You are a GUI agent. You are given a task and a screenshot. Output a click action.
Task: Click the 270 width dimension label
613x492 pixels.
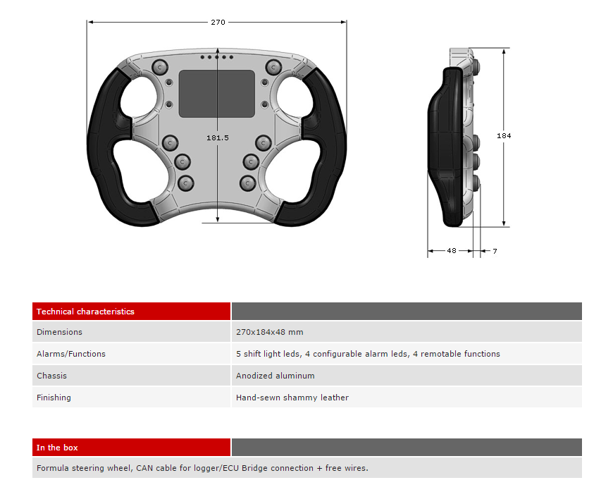pyautogui.click(x=218, y=23)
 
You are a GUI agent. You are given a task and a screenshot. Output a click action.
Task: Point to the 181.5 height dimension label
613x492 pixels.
pyautogui.click(x=217, y=137)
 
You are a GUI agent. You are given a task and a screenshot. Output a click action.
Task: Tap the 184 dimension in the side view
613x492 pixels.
pyautogui.click(x=504, y=136)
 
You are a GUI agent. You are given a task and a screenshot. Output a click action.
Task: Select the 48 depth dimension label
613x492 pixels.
pyautogui.click(x=452, y=250)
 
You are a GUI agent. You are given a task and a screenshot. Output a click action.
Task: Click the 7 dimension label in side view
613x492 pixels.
pyautogui.click(x=495, y=251)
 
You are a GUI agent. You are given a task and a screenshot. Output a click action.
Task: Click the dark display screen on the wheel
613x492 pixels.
pyautogui.click(x=217, y=94)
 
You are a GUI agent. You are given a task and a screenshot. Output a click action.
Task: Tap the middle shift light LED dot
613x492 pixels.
pyautogui.click(x=216, y=57)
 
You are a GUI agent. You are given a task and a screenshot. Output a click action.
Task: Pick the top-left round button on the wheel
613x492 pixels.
pyautogui.click(x=159, y=68)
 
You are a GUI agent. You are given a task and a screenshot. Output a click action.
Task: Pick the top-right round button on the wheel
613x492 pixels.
pyautogui.click(x=273, y=67)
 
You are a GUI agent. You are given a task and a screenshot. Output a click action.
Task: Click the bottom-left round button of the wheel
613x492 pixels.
pyautogui.click(x=186, y=183)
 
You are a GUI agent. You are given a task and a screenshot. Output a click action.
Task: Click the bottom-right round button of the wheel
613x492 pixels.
pyautogui.click(x=247, y=183)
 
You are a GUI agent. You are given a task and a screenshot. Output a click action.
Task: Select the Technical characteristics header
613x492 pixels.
pyautogui.click(x=85, y=312)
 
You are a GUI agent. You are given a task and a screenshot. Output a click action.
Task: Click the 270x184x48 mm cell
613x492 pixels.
pyautogui.click(x=270, y=332)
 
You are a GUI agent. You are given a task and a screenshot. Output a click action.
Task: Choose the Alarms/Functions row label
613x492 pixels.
pyautogui.click(x=71, y=354)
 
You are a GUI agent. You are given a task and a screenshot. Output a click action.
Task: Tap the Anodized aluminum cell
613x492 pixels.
pyautogui.click(x=275, y=376)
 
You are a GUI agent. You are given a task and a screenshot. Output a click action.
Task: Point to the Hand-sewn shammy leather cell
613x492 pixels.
pyautogui.click(x=292, y=398)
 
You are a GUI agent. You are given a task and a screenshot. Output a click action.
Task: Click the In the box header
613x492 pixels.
pyautogui.click(x=57, y=448)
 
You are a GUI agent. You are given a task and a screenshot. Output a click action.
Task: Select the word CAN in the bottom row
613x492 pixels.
pyautogui.click(x=144, y=468)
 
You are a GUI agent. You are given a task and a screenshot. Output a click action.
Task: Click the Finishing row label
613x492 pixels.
pyautogui.click(x=54, y=398)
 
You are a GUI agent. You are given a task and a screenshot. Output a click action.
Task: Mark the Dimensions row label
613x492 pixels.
pyautogui.click(x=59, y=332)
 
